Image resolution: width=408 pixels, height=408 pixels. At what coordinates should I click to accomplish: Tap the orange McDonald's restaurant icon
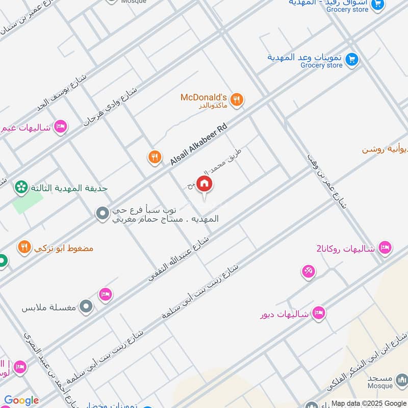click(x=236, y=100)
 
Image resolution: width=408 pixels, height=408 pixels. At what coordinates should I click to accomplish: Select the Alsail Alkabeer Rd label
click(x=198, y=146)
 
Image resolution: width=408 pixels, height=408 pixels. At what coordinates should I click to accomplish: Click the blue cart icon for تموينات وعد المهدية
click(x=351, y=60)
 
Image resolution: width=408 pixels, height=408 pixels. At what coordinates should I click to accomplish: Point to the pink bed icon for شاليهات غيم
click(x=61, y=126)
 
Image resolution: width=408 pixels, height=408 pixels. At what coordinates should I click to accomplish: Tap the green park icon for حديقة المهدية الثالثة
click(x=21, y=188)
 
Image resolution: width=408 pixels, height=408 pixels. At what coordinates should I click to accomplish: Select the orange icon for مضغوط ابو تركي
click(x=24, y=248)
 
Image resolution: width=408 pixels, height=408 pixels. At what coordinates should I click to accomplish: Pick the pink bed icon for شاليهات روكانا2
click(x=385, y=248)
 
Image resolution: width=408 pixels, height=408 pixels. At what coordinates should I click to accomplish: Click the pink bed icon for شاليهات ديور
click(x=319, y=313)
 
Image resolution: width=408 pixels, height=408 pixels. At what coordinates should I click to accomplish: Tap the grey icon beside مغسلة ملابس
click(x=87, y=307)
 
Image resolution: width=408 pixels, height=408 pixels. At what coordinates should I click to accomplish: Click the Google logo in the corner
click(x=21, y=401)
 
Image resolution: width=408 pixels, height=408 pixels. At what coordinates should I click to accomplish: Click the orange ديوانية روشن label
click(x=385, y=149)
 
